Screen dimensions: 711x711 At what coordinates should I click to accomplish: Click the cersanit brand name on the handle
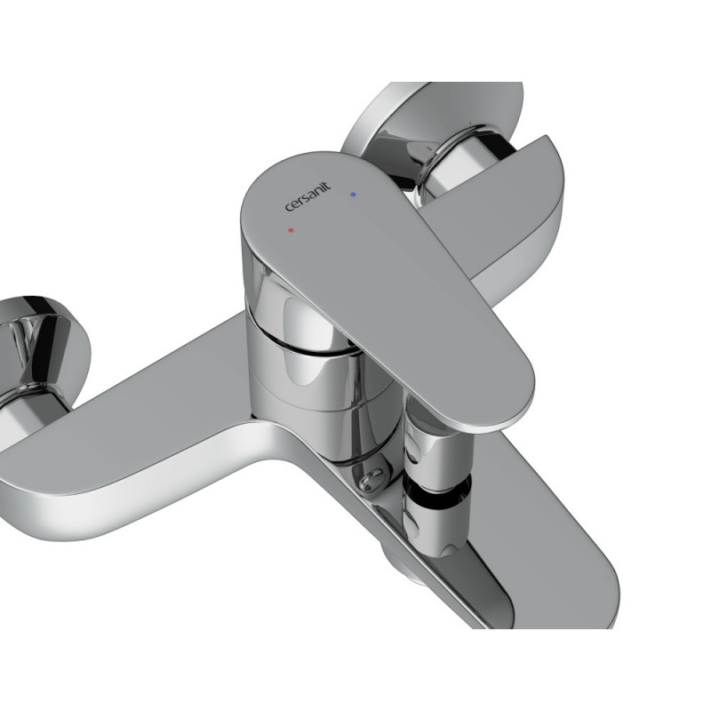[308, 196]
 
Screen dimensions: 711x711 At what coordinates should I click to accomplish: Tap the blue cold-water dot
[353, 195]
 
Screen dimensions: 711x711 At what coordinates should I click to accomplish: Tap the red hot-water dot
[291, 230]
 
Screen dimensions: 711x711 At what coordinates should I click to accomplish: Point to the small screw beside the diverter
[372, 479]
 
